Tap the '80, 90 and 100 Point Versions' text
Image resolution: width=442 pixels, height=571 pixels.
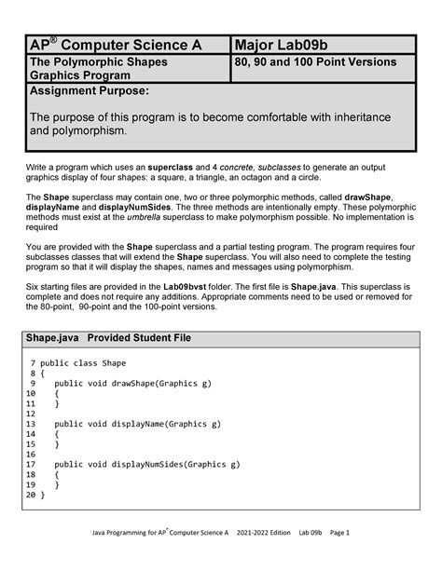[317, 61]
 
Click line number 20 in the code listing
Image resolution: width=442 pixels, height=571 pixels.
[32, 495]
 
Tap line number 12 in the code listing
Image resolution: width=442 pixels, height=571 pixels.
[32, 414]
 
